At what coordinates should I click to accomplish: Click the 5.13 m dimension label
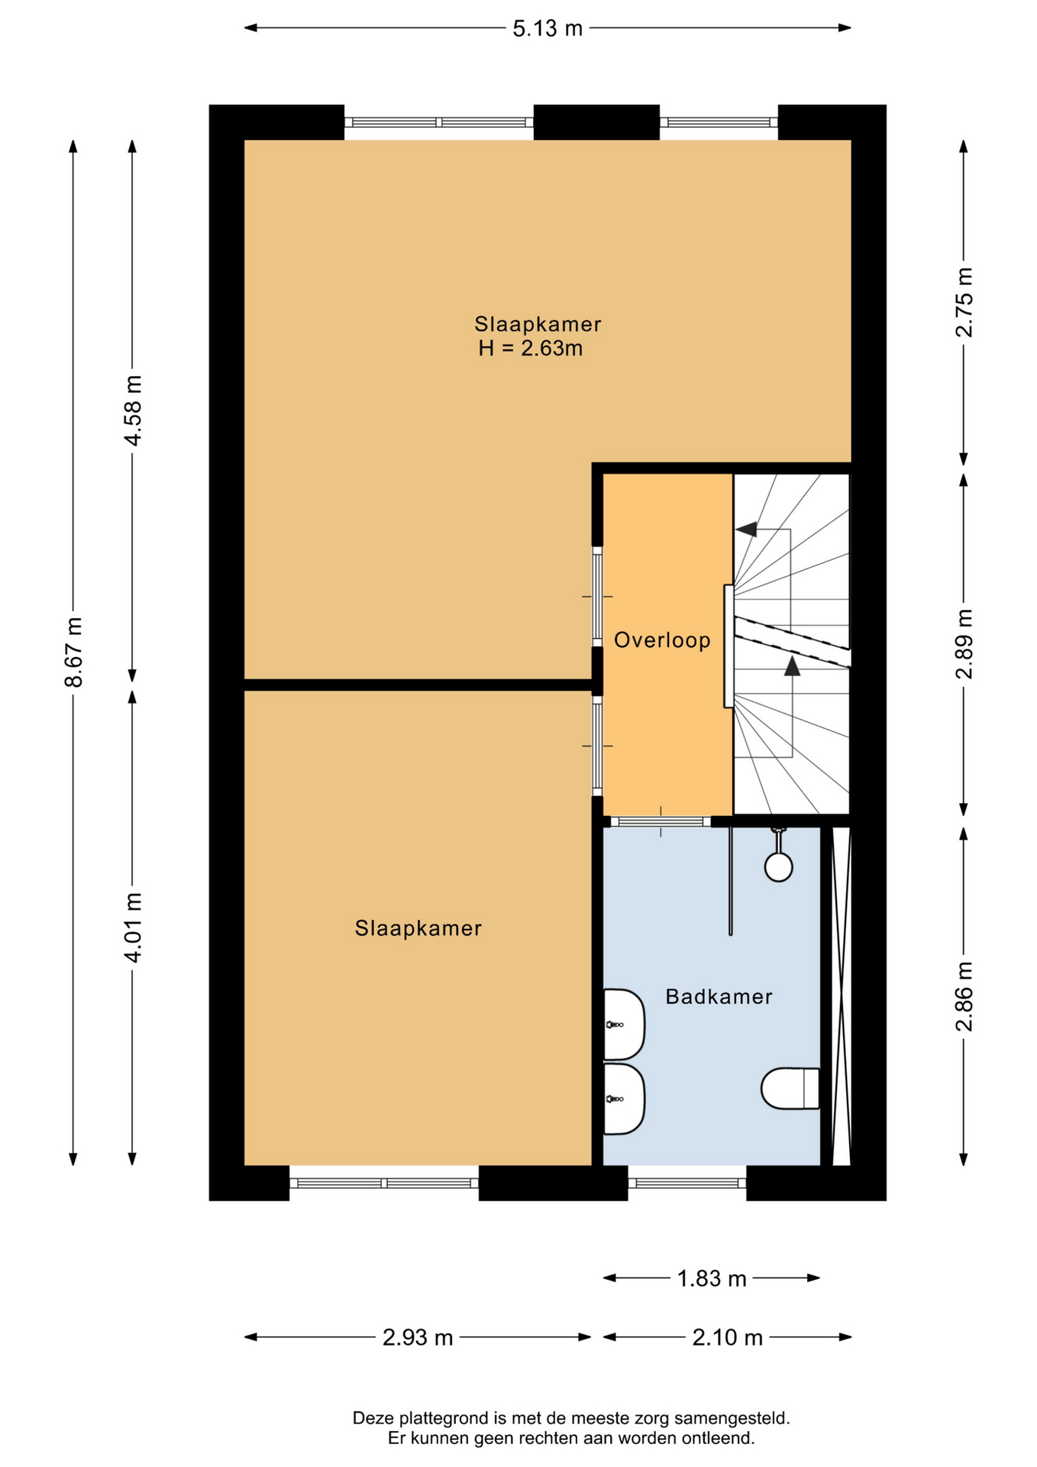547,29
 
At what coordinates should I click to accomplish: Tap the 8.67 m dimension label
73,652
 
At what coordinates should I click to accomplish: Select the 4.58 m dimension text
133,410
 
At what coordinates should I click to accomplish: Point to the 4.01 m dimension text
133,928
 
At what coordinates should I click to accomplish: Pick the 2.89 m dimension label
964,644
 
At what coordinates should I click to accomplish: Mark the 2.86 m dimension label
964,996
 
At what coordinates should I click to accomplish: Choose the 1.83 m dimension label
712,1278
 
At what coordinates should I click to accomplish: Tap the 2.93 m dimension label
418,1338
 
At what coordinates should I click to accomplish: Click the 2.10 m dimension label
727,1338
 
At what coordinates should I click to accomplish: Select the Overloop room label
662,640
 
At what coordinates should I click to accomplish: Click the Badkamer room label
719,996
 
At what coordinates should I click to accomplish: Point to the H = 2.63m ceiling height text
530,348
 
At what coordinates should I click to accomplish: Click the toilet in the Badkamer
790,1088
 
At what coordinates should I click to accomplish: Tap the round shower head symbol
778,867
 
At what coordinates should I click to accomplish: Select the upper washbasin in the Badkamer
624,1025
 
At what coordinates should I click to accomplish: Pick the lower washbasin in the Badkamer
624,1099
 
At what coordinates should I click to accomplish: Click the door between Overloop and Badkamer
661,822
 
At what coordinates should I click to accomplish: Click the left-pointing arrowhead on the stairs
746,529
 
